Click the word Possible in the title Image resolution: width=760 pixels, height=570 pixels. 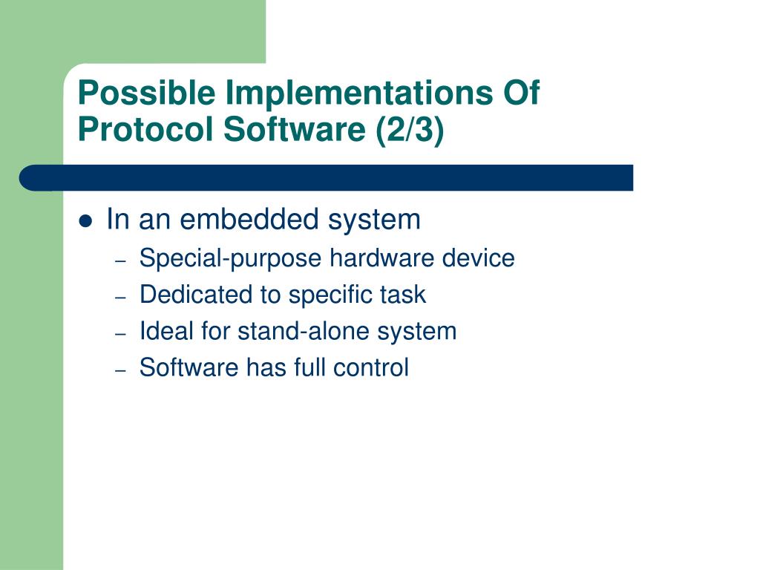146,93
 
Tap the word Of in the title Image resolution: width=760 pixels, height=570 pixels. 522,92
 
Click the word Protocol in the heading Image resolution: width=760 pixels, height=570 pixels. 145,129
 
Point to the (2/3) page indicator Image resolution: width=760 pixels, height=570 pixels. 410,130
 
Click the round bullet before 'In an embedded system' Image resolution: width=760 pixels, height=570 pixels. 85,221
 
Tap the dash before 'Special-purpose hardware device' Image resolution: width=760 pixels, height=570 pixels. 121,261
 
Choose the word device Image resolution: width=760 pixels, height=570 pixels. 478,258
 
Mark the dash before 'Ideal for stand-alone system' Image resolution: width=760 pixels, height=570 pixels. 121,334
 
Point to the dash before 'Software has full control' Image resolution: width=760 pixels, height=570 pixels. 121,370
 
